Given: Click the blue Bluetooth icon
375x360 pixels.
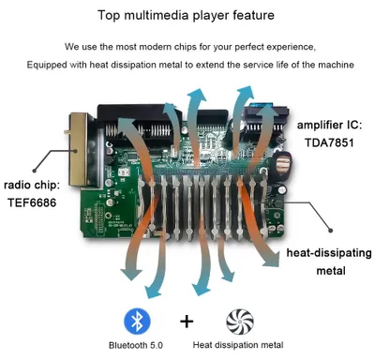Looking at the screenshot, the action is (137, 322).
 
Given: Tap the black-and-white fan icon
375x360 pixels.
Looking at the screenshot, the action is (240, 322).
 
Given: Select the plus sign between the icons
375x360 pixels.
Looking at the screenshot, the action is (187, 322).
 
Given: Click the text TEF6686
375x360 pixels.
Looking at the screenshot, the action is (32, 202).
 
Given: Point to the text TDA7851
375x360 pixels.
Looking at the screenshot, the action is (329, 142).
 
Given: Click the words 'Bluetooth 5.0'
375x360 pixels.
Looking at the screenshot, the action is (136, 345).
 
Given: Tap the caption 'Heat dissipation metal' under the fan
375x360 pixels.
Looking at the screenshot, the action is (238, 345).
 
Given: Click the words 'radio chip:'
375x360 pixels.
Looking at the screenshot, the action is (32, 185).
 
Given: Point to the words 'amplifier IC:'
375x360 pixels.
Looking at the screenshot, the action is (329, 126).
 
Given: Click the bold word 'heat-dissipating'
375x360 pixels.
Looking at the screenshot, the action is (329, 253).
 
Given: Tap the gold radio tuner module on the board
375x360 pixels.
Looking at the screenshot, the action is (78, 149).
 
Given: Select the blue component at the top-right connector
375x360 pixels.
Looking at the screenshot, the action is (261, 105).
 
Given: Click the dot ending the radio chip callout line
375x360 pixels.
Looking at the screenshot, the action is (35, 171).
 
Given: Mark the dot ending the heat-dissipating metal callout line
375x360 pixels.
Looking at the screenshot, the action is (331, 231).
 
